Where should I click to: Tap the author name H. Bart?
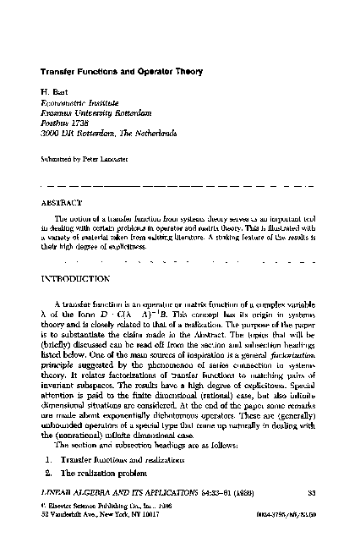52,90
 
